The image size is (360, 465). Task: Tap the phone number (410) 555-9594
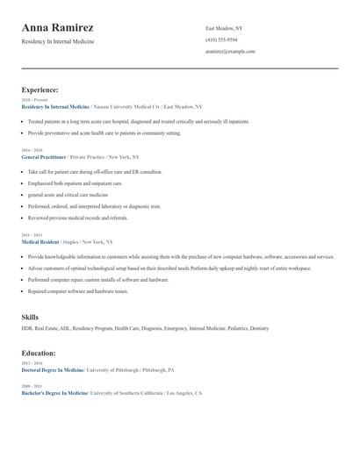click(221, 39)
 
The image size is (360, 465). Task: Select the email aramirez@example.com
click(230, 52)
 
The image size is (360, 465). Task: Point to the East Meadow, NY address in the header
click(224, 28)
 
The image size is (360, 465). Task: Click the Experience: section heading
click(40, 89)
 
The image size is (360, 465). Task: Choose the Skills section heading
click(30, 317)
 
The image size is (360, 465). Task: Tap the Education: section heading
click(39, 353)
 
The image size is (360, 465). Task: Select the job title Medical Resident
click(39, 241)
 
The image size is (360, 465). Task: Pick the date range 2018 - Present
click(34, 100)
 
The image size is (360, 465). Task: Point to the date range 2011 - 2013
click(31, 235)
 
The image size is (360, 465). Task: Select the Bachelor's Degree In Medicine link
click(54, 394)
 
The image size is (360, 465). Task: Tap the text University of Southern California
click(126, 394)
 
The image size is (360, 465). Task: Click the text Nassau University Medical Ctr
click(126, 105)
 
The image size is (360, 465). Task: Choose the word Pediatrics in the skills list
click(230, 328)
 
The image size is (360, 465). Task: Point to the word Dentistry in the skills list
click(259, 328)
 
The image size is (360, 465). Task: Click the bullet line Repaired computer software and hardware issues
click(77, 291)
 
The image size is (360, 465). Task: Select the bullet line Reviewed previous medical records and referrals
click(77, 218)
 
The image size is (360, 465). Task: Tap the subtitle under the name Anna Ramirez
click(58, 41)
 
